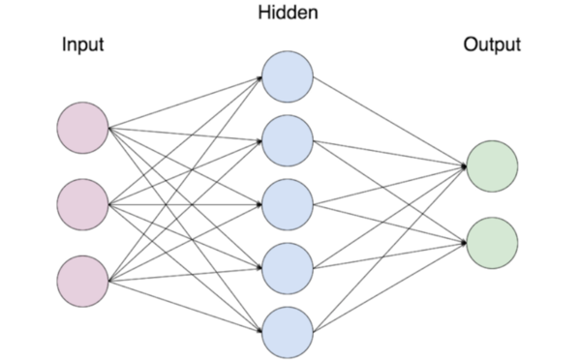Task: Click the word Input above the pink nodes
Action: tap(82, 45)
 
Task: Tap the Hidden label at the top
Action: tap(287, 14)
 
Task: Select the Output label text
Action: tap(492, 45)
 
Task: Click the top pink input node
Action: tap(82, 128)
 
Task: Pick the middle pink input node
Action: tap(82, 204)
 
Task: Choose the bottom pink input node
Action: tap(82, 281)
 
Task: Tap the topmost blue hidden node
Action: tap(287, 76)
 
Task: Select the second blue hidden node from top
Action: tap(287, 140)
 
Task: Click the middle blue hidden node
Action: tap(287, 204)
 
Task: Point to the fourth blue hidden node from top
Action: tap(287, 268)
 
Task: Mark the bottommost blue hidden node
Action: tap(287, 331)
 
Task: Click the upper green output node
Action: tap(491, 165)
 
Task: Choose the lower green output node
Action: tap(491, 242)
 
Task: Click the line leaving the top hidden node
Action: tap(387, 120)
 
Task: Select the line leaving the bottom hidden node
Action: tap(387, 287)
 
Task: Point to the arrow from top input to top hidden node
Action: tap(184, 103)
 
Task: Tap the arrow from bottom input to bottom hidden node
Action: tap(184, 306)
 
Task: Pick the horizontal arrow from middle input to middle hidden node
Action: tap(184, 204)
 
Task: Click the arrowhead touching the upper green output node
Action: tap(463, 165)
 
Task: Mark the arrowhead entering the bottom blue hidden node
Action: tap(259, 330)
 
